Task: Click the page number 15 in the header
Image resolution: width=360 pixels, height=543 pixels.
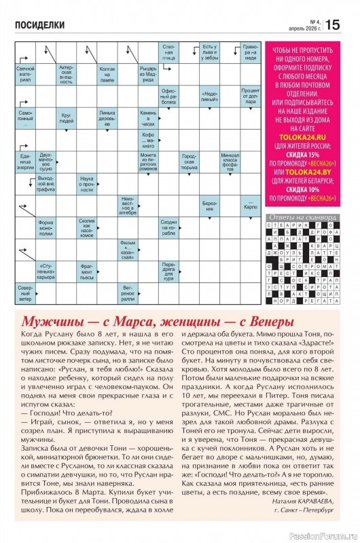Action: [x=333, y=25]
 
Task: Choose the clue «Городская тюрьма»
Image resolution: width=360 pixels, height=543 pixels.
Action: [x=190, y=160]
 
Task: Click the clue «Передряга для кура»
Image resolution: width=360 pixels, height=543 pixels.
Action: [x=170, y=269]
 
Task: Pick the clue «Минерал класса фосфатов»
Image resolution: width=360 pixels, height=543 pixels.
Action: [x=230, y=160]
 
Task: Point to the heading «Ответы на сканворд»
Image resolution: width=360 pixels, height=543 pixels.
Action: [x=302, y=217]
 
